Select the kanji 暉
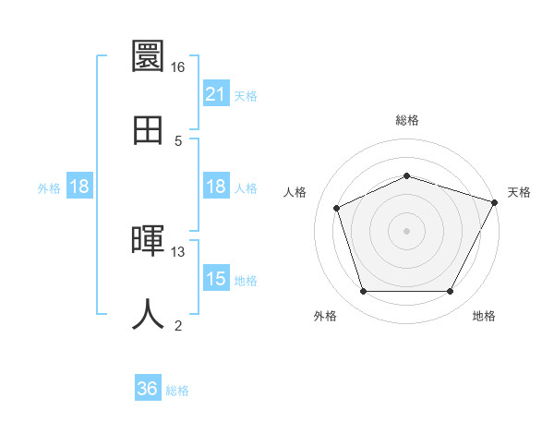(148, 241)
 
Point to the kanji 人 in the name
(148, 315)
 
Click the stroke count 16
(178, 67)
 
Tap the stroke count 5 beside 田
(178, 140)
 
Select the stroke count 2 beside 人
(178, 325)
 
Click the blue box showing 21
(215, 94)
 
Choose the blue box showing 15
(215, 279)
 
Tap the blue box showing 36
(147, 390)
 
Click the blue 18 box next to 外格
(79, 187)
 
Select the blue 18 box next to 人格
(215, 187)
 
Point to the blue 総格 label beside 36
(177, 391)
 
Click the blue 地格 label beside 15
(246, 280)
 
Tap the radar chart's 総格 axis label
(407, 120)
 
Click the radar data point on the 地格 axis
(450, 291)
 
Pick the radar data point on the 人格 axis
(338, 208)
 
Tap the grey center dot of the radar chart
(406, 230)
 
